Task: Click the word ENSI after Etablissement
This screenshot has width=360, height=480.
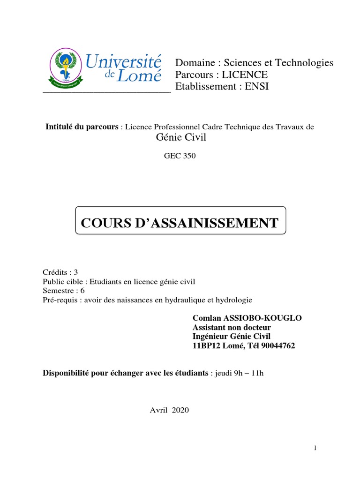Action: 257,87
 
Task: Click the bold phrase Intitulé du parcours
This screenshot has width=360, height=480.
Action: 82,127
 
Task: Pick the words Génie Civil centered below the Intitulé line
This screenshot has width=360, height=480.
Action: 180,137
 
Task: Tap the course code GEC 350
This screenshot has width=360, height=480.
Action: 180,156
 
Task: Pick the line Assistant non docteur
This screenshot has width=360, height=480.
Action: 232,327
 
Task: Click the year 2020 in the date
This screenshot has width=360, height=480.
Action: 180,410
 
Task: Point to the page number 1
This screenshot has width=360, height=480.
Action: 315,449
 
